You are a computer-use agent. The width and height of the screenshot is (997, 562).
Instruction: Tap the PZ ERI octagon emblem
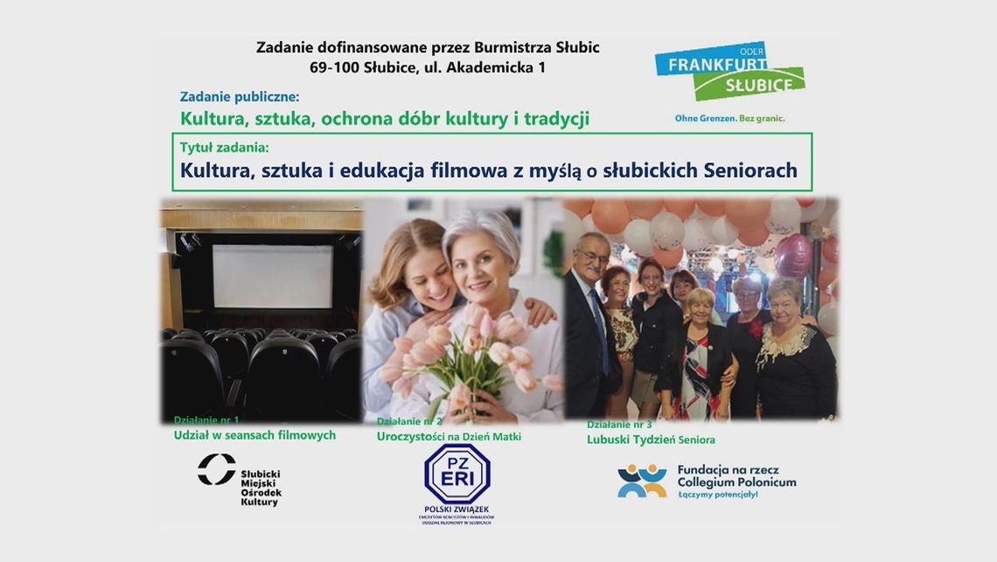(457, 474)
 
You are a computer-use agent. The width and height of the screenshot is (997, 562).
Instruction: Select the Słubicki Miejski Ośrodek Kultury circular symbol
(216, 469)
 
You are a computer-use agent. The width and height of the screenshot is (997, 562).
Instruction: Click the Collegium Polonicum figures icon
(642, 481)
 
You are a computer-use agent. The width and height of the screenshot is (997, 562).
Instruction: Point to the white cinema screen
(273, 275)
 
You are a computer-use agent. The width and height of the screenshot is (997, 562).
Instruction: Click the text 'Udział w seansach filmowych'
(254, 435)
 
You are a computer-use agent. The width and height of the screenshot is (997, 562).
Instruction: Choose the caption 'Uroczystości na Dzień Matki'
(449, 436)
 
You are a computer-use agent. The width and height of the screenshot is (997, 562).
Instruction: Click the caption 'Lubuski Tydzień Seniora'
(651, 439)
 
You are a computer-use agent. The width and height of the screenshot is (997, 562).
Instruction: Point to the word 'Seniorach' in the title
(750, 171)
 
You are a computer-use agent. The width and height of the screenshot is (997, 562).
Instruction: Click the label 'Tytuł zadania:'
(225, 147)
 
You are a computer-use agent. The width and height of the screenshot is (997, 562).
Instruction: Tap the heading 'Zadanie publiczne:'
(240, 96)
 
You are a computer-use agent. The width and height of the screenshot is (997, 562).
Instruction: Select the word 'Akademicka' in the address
(486, 67)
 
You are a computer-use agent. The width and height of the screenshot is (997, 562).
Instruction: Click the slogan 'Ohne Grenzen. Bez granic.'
(729, 118)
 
